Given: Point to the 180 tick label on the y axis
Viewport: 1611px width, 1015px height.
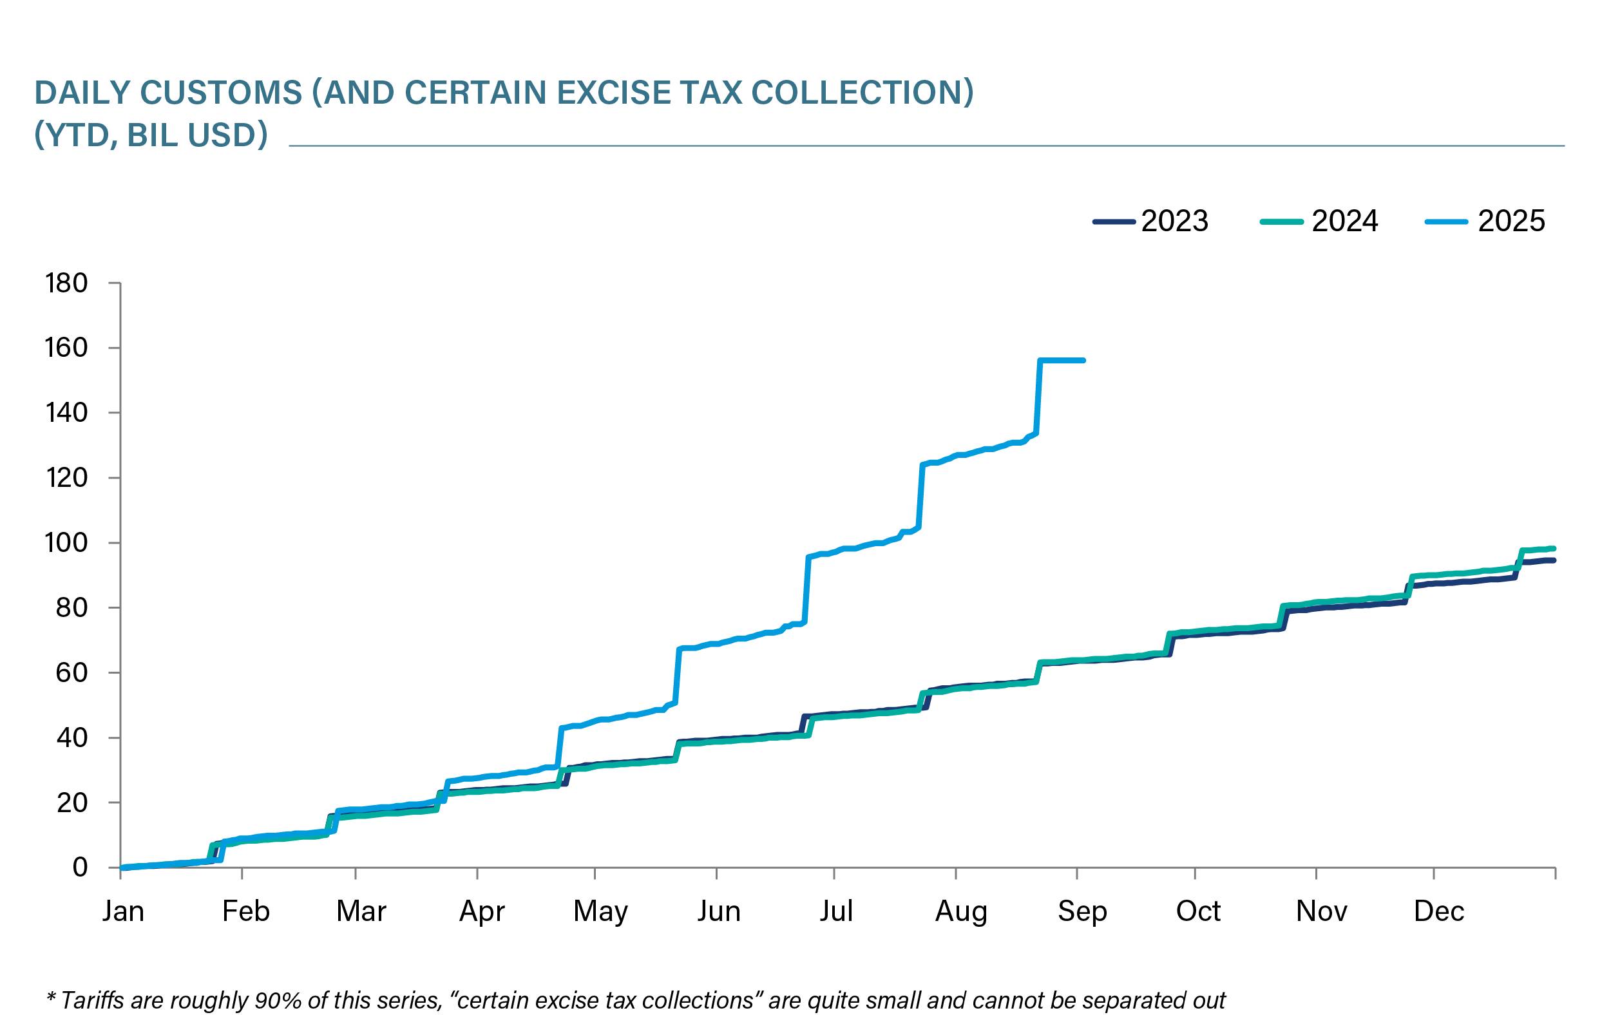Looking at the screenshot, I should pyautogui.click(x=66, y=283).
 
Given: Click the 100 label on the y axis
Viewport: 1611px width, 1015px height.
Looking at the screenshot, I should pyautogui.click(x=66, y=543).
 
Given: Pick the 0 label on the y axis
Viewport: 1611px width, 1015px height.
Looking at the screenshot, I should pyautogui.click(x=80, y=867).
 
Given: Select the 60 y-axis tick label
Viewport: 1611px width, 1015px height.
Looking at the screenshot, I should pyautogui.click(x=71, y=672).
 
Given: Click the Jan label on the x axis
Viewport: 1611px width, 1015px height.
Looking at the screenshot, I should pyautogui.click(x=123, y=911).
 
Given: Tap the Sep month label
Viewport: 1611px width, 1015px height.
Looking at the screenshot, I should pyautogui.click(x=1082, y=911).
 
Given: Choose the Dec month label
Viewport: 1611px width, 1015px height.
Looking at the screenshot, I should pyautogui.click(x=1439, y=911).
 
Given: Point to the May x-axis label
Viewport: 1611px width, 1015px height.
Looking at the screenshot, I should pyautogui.click(x=600, y=911).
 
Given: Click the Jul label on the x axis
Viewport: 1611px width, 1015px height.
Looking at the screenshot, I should pyautogui.click(x=836, y=911).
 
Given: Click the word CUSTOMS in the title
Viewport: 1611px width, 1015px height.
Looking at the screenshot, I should pyautogui.click(x=222, y=92).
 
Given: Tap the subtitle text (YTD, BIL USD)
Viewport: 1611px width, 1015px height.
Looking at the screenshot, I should pyautogui.click(x=151, y=135).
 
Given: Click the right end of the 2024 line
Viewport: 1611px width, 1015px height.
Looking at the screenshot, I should pyautogui.click(x=1553, y=549).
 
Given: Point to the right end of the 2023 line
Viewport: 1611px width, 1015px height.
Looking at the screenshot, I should pyautogui.click(x=1553, y=560).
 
